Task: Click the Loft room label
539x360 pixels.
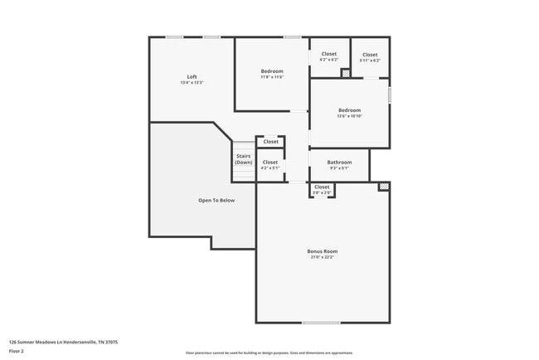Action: (192, 77)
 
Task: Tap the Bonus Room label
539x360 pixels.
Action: (324, 251)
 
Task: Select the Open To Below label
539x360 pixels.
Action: (216, 200)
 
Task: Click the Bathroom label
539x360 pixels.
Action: (339, 163)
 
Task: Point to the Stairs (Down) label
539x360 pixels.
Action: (243, 159)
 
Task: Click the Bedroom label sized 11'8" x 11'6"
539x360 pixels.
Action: (272, 71)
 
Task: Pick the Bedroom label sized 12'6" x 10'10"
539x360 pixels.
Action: (349, 110)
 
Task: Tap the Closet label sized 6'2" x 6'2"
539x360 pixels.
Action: (328, 55)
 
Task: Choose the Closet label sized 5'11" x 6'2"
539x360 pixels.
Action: (370, 55)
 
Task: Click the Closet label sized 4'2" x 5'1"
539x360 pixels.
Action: (270, 163)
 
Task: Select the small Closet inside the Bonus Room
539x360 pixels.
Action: (322, 187)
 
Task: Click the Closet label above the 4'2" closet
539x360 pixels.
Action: (270, 142)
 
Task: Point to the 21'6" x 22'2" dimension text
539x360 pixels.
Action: (324, 257)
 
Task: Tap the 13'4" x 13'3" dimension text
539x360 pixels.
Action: (192, 83)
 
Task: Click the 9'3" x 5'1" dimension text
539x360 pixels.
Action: (339, 168)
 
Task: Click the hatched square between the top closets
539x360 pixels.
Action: (346, 73)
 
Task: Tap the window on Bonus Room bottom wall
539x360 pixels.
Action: (321, 323)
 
